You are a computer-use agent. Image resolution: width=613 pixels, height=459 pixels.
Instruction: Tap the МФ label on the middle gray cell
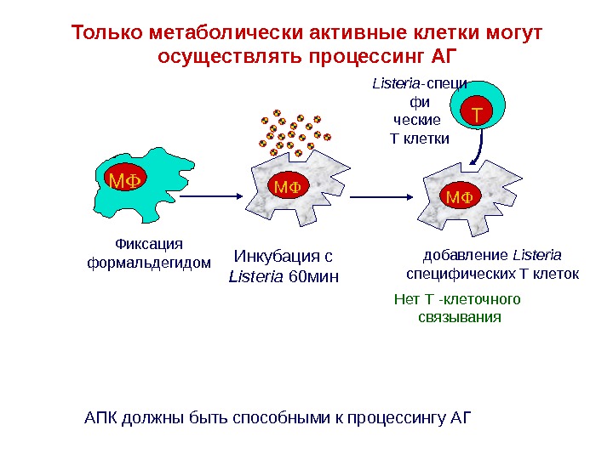287,185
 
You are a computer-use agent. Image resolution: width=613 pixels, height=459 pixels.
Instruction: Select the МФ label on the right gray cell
460,197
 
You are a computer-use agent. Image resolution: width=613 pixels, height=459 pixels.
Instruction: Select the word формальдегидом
150,262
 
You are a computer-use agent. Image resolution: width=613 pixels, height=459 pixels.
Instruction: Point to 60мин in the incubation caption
313,275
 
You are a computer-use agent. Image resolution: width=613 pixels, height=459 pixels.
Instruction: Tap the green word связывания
461,317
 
